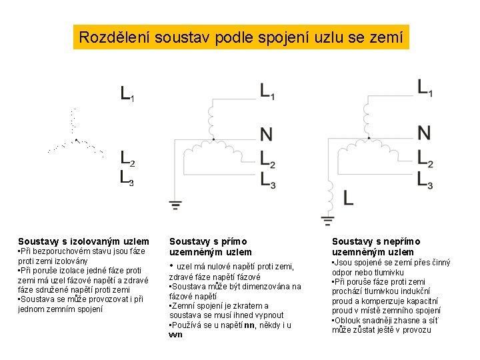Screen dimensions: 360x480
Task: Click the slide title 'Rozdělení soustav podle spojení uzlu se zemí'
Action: point(241,37)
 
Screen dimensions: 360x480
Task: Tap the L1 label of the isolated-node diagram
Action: point(127,93)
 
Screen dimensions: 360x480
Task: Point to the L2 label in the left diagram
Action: point(127,158)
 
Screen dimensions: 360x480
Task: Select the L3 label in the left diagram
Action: point(127,177)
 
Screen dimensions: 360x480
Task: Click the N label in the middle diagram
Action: point(266,135)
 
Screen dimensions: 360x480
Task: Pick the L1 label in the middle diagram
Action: point(267,92)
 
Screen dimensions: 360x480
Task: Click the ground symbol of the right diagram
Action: point(328,219)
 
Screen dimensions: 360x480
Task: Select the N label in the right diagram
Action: point(424,133)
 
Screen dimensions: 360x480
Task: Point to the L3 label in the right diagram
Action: point(425,179)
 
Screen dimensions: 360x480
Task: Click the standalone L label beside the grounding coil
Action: point(349,197)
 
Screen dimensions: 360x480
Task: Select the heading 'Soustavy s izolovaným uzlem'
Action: point(83,241)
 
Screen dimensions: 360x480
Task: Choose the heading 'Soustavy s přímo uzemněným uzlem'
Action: point(210,247)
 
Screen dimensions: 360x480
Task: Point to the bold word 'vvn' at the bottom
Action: point(176,335)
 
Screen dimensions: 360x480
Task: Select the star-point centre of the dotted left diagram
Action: point(76,140)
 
